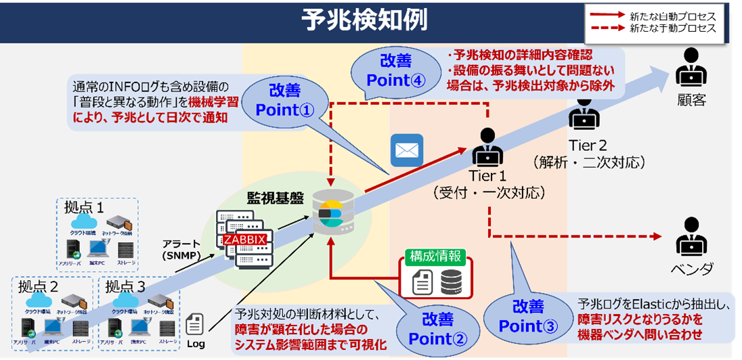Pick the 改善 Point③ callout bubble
(x=527, y=317)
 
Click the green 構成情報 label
(x=434, y=257)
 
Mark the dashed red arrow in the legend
(x=607, y=28)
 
